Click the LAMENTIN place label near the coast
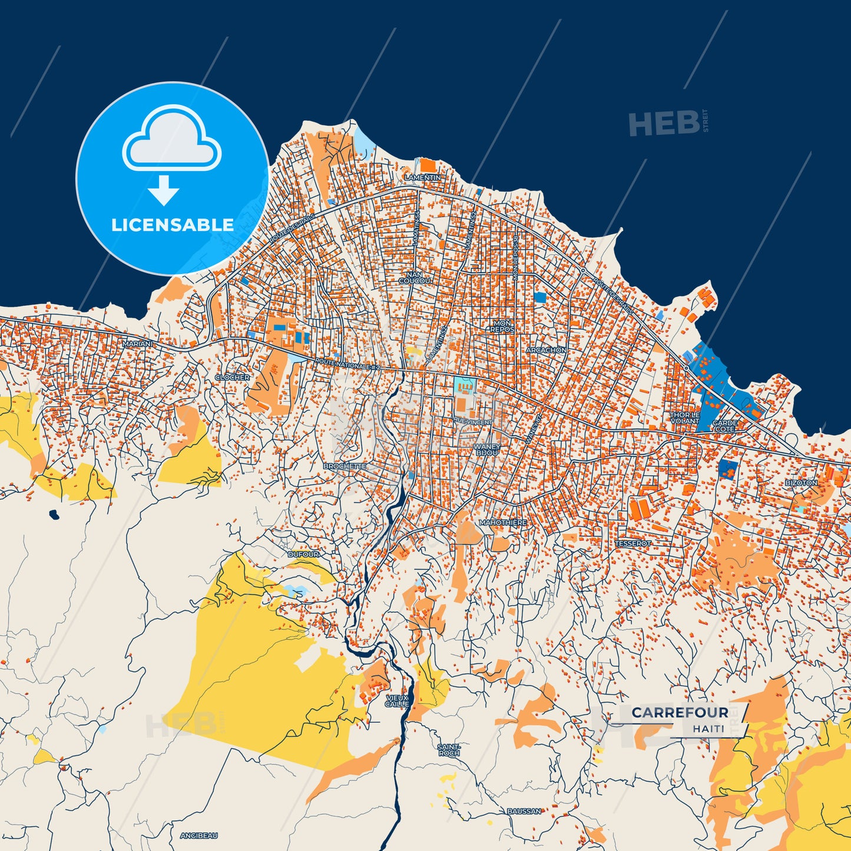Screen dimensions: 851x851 pos(422,177)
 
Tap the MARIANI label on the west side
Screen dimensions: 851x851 pos(137,343)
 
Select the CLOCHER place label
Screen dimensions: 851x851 pos(232,377)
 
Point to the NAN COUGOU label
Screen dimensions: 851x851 pos(415,278)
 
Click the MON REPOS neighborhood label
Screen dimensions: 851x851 pos(502,326)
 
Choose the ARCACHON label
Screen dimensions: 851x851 pos(546,350)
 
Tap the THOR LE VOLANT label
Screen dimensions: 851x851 pos(684,418)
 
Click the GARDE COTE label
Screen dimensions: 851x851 pos(724,426)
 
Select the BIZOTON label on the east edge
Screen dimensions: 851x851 pos(801,482)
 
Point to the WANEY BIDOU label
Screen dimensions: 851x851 pos(487,450)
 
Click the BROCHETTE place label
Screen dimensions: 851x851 pos(345,466)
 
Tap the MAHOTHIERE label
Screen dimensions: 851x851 pos(502,522)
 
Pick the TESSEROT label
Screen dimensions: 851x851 pos(633,544)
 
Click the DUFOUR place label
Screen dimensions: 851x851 pos(303,554)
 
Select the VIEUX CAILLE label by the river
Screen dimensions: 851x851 pos(397,700)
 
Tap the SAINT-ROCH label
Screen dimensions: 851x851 pos(449,750)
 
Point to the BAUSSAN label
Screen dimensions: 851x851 pos(524,811)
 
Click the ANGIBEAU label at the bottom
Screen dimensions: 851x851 pos(198,835)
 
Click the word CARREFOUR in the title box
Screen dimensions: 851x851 pos(680,713)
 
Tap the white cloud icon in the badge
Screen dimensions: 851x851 pos(171,140)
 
